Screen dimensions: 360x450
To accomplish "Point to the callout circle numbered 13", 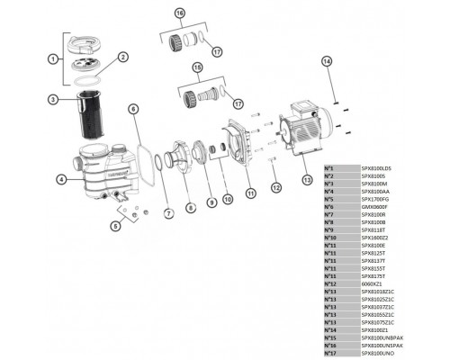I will coord(308,179).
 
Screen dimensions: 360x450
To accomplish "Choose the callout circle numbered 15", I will coord(197,68).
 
